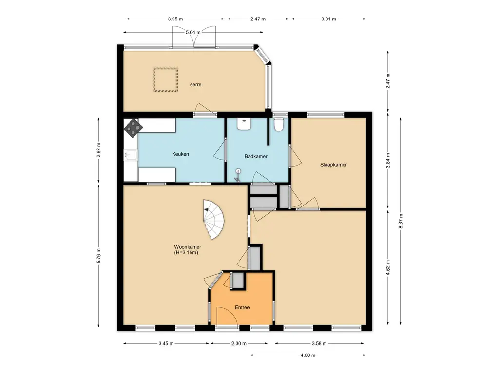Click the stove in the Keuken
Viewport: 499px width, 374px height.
[x=133, y=128]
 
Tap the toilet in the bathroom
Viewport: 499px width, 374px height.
[x=279, y=125]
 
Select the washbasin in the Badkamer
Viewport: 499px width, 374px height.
[x=245, y=124]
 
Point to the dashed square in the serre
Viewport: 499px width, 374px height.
[x=166, y=79]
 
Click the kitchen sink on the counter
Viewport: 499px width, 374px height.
[x=131, y=155]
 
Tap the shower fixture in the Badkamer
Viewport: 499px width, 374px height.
[x=237, y=175]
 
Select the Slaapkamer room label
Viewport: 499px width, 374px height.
[x=333, y=165]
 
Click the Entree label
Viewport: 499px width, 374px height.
[x=242, y=308]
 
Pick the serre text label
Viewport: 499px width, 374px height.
[x=195, y=85]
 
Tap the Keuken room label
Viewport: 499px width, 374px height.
[x=180, y=154]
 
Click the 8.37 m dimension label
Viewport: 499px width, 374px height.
[x=401, y=221]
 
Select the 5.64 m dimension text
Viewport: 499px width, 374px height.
[x=193, y=32]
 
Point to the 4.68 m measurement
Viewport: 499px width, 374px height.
[x=308, y=355]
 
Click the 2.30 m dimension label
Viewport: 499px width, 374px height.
[x=239, y=343]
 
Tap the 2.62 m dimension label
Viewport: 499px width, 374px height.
[x=98, y=150]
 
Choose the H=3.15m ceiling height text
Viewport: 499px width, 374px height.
[x=186, y=253]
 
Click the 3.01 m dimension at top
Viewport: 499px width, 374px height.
[x=328, y=19]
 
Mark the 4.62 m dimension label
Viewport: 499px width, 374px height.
[x=387, y=267]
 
